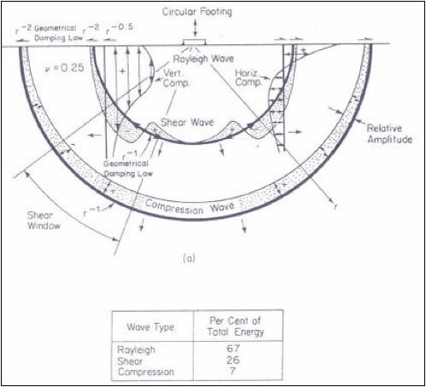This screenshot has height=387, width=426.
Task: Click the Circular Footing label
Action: tap(197, 12)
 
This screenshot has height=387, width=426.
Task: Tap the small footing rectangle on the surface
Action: tap(195, 42)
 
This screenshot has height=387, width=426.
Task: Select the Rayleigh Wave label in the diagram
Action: tap(203, 59)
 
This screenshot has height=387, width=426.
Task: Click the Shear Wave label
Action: tap(187, 122)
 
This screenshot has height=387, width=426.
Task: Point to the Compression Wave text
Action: tap(190, 207)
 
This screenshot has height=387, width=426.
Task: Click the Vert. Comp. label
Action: tap(176, 78)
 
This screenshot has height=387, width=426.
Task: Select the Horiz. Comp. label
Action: tap(248, 78)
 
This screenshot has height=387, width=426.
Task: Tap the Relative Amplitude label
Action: tap(389, 134)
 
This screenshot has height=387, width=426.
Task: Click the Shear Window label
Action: tap(44, 220)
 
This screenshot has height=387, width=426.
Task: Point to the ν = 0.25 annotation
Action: tap(65, 68)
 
